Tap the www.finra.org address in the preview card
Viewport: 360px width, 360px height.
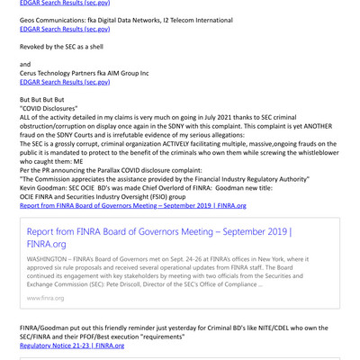pos(45,296)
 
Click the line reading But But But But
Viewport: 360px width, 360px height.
pos(42,99)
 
